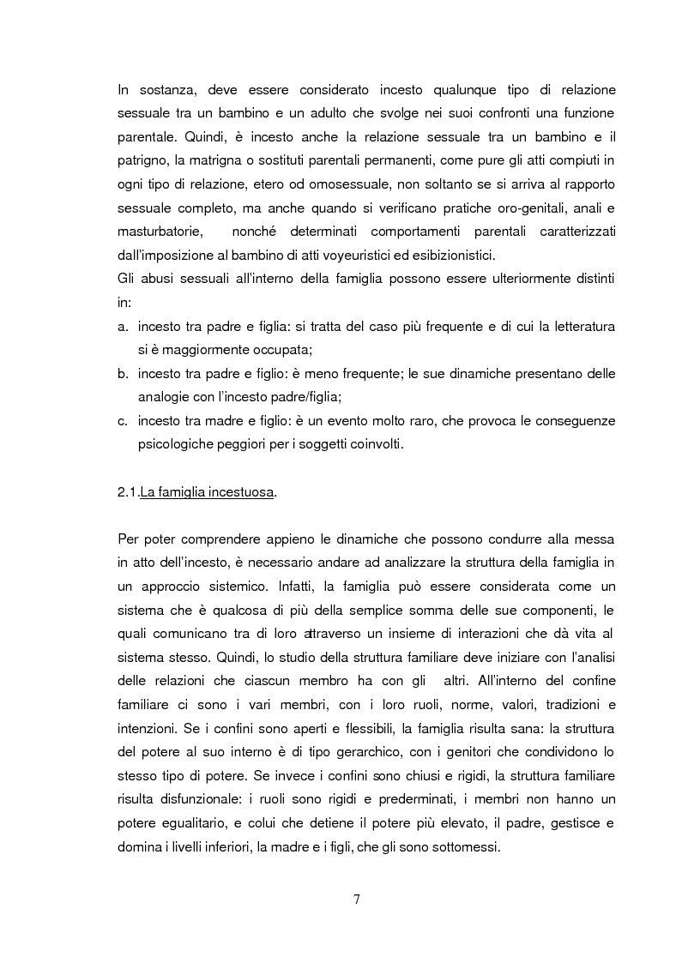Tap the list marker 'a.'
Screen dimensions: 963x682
123,327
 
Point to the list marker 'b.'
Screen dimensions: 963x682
123,374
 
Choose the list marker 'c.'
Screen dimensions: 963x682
123,421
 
